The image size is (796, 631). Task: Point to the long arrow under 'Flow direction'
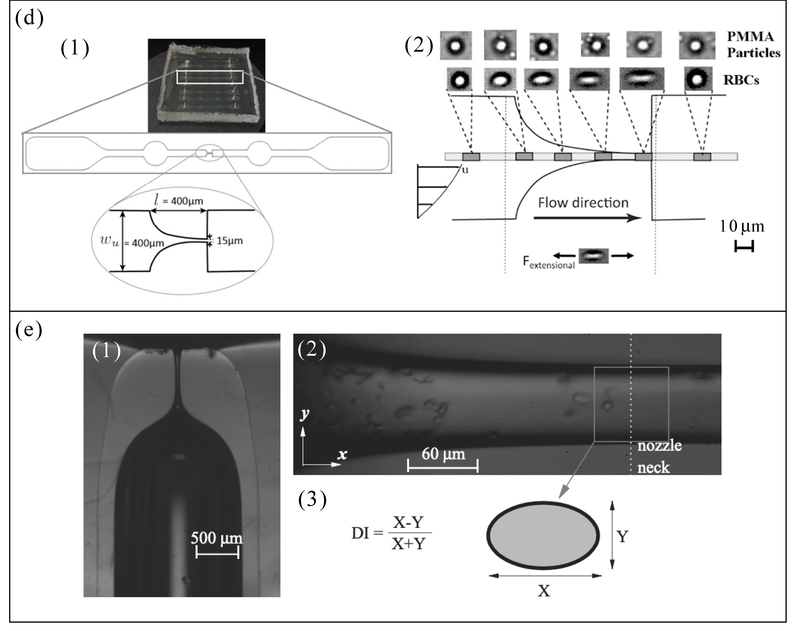coord(587,218)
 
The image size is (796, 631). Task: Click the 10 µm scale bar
coord(744,246)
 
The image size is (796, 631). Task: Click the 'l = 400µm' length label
coord(179,201)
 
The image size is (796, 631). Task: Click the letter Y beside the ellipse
coord(623,536)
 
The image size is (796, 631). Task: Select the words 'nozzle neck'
coord(659,457)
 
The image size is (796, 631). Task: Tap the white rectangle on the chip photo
coord(210,77)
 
